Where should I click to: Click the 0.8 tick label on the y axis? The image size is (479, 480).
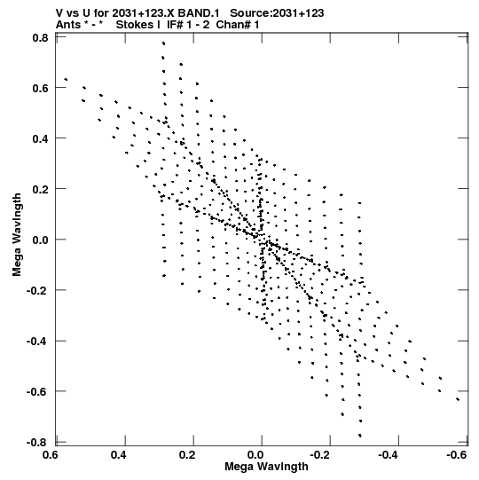point(41,38)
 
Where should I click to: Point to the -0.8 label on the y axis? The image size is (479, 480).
point(37,443)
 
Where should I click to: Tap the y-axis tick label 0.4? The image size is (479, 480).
point(41,138)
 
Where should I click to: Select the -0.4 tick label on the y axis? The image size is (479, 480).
point(37,341)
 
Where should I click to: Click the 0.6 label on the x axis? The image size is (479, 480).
point(50,455)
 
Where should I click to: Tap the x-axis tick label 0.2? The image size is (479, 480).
point(187,455)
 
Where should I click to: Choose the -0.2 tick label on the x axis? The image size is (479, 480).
point(320,455)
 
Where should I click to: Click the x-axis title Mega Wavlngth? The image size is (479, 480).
point(266,467)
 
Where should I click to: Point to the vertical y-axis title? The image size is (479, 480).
point(17,235)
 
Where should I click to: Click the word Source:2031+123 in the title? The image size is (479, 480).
point(277,13)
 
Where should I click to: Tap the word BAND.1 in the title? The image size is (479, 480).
point(199,13)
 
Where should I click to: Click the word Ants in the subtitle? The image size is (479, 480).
point(68,25)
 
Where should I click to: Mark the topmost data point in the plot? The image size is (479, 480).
point(164,43)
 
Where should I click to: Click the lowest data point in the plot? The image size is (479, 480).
point(360,436)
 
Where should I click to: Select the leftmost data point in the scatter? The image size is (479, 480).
point(66,80)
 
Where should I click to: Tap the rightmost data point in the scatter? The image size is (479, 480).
point(458,399)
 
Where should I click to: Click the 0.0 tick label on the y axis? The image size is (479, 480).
point(41,240)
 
